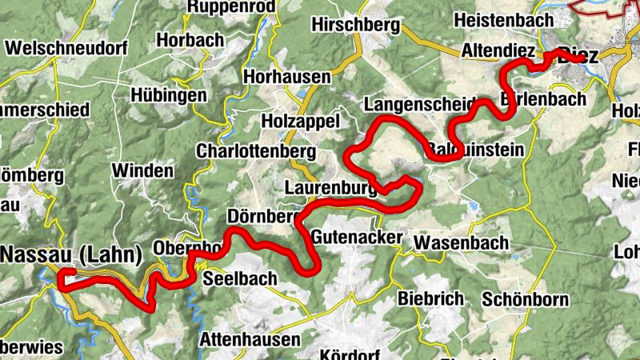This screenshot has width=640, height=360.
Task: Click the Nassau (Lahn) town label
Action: [x=72, y=254]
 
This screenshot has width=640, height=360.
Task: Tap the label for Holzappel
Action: [x=301, y=121]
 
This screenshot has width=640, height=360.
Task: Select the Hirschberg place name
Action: [x=355, y=26]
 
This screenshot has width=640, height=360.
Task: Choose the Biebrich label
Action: [x=431, y=298]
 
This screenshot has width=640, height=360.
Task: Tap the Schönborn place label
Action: [x=526, y=300]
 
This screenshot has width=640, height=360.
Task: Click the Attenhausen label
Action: [x=250, y=339]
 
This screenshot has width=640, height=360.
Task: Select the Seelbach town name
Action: [x=240, y=279]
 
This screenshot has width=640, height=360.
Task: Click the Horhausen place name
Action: [x=287, y=77]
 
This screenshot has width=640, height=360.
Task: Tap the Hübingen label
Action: [x=169, y=95]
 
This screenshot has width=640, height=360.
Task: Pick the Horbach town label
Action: [x=191, y=39]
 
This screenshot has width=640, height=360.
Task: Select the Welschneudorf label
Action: [x=66, y=47]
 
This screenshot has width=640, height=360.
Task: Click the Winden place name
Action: [x=142, y=170]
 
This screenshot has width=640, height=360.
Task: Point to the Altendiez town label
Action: [x=498, y=51]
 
